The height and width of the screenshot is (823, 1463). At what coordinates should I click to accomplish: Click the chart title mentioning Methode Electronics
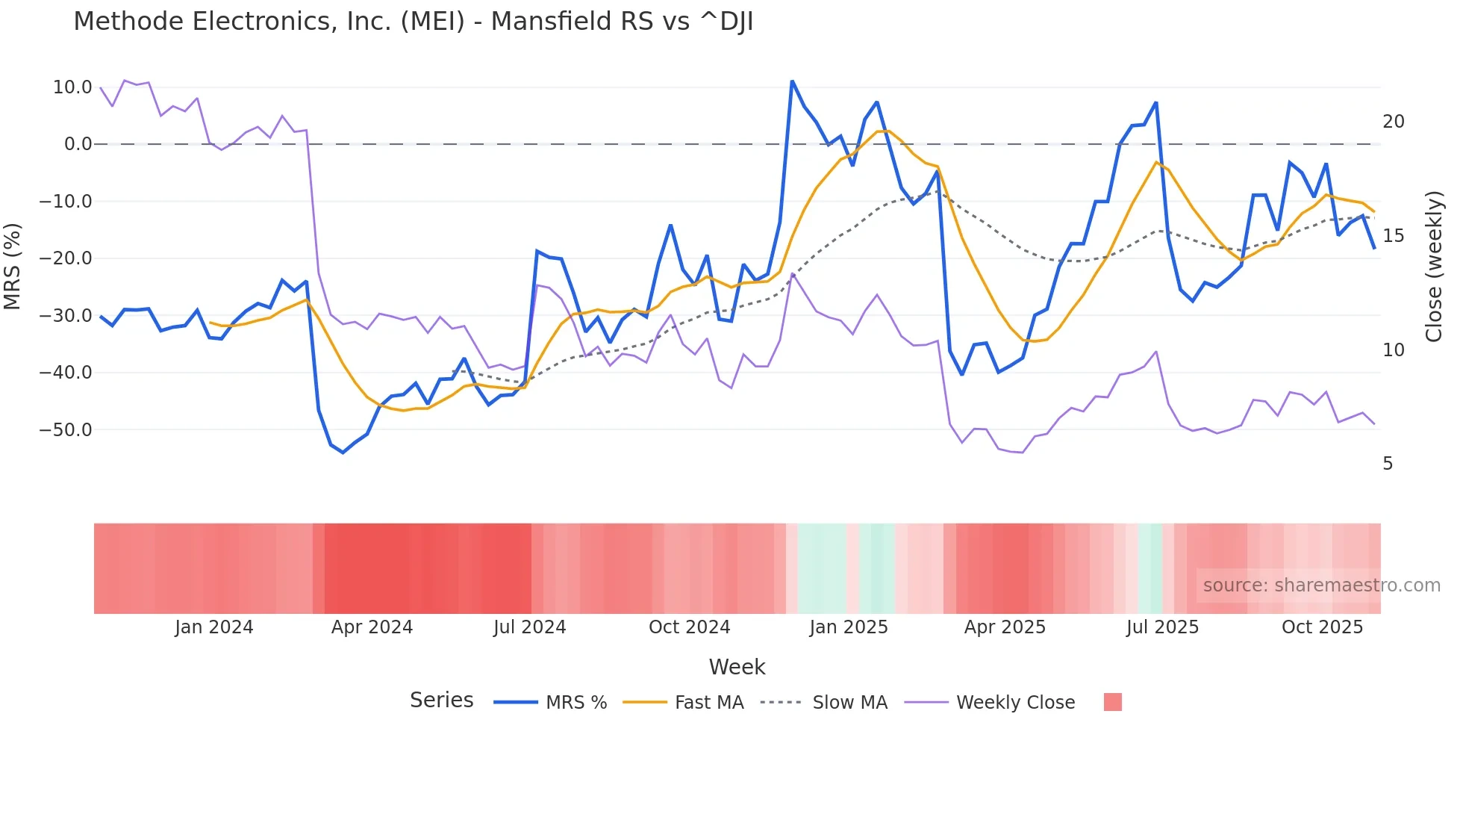coord(413,22)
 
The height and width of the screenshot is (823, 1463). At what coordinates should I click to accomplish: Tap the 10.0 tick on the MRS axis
coord(72,87)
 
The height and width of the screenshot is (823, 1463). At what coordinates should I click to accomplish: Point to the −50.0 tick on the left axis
coord(66,430)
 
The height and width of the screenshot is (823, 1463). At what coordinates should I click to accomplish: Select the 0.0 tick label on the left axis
coord(78,144)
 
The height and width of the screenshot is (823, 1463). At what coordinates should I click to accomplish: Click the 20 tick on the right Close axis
coord(1393,122)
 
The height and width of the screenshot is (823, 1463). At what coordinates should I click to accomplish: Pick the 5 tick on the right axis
coord(1388,464)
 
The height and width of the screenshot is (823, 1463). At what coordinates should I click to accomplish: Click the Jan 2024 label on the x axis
coord(214,627)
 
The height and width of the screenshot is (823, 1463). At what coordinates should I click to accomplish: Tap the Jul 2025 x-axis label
coord(1162,627)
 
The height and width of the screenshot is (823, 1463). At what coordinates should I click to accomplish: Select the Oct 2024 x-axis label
coord(689,627)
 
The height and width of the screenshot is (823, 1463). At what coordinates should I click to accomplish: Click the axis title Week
coord(737,667)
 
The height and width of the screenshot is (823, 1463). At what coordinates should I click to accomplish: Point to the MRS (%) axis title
coord(13,266)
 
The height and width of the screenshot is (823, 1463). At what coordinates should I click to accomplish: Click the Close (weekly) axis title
coord(1433,266)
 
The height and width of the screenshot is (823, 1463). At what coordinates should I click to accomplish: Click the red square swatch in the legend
coord(1112,702)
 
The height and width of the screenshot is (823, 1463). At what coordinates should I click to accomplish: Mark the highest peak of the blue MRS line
coord(792,81)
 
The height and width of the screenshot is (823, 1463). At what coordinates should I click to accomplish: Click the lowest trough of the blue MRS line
coord(343,453)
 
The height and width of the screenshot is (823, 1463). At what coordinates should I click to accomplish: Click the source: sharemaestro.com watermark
coord(1321,586)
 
